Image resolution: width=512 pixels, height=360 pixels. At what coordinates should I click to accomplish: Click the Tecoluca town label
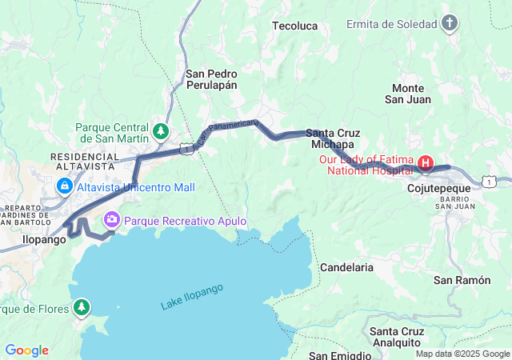tap(295, 26)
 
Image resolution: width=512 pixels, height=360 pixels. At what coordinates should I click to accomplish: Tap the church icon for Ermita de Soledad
tap(450, 24)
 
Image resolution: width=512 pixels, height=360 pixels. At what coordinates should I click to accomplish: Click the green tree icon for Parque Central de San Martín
tap(162, 130)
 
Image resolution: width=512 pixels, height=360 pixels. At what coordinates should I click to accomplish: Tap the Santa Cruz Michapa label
tap(332, 138)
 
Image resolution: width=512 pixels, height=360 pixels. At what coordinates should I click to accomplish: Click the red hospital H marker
tap(426, 164)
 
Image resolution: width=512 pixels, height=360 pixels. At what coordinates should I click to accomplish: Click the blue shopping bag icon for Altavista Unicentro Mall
tap(64, 187)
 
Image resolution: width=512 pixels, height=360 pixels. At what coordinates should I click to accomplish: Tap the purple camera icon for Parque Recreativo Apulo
tap(112, 219)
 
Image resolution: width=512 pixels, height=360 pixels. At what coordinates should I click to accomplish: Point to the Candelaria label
tap(346, 267)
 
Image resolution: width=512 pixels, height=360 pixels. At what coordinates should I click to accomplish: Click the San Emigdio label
tap(340, 354)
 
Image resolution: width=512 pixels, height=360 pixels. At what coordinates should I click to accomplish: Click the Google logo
tap(26, 350)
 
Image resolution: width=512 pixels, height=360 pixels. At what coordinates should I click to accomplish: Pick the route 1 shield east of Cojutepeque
tap(488, 182)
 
